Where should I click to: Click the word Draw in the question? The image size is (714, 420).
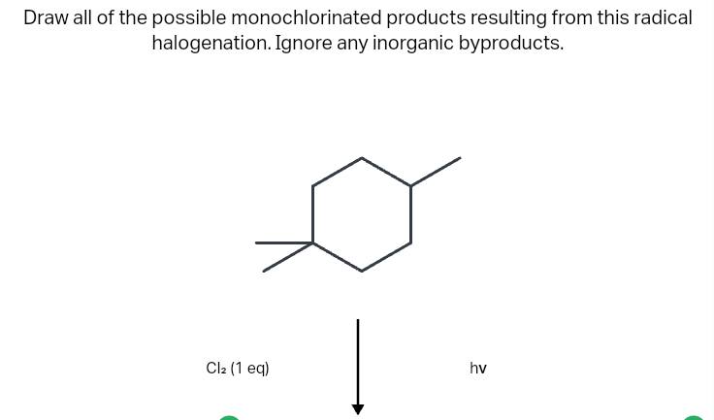[46, 18]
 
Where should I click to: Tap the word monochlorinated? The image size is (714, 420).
[307, 18]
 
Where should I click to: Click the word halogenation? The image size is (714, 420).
[211, 44]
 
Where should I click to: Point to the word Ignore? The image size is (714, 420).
[304, 44]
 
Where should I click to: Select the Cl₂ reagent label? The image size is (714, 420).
[216, 368]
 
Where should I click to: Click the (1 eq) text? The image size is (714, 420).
[250, 368]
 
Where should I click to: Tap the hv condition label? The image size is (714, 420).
[478, 368]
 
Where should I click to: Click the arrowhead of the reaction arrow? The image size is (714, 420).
[358, 409]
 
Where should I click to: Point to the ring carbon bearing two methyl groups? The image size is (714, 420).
[312, 243]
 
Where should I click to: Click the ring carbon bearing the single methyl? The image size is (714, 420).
[410, 186]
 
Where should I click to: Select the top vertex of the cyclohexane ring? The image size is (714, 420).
[362, 158]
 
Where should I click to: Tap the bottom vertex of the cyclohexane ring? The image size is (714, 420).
[362, 271]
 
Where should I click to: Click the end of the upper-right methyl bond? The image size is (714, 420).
[461, 158]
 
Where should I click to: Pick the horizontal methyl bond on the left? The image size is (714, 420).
[284, 242]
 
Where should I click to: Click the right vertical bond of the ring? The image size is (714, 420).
[410, 214]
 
